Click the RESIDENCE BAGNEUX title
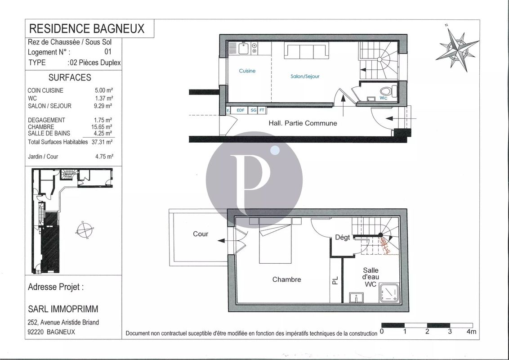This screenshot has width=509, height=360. (87, 29)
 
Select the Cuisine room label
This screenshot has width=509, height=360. (247, 71)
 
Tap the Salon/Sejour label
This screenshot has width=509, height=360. (305, 76)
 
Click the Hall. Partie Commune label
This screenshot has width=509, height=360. (303, 123)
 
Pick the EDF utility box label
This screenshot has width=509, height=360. (241, 110)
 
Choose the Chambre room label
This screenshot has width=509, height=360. (286, 279)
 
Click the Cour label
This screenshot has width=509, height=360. (201, 234)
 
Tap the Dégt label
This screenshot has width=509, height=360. (342, 237)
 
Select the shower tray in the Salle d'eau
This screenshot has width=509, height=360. (388, 293)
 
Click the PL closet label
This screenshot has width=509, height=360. (335, 281)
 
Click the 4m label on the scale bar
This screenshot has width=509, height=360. (471, 332)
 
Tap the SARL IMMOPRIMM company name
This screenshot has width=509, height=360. (63, 309)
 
